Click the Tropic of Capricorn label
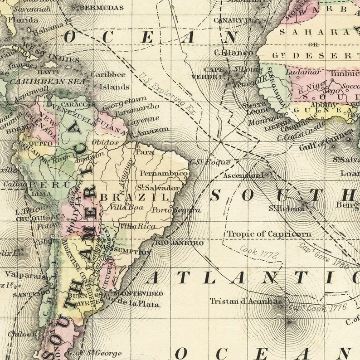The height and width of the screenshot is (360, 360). pyautogui.click(x=269, y=234)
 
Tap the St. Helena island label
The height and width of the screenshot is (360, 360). pyautogui.click(x=286, y=209)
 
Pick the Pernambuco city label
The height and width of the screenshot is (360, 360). pyautogui.click(x=164, y=173)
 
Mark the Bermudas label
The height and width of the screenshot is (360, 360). pyautogui.click(x=102, y=8)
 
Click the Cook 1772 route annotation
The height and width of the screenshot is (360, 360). pyautogui.click(x=259, y=252)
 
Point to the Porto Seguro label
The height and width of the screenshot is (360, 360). pyautogui.click(x=176, y=210)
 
